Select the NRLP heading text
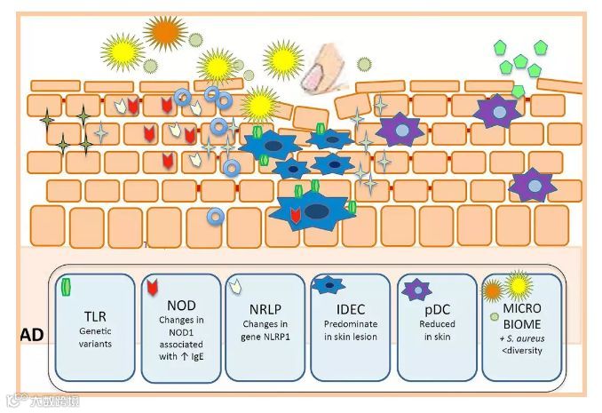264,311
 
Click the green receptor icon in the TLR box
66,286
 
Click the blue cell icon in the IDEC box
329,285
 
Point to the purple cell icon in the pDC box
414,288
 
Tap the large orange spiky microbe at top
165,33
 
